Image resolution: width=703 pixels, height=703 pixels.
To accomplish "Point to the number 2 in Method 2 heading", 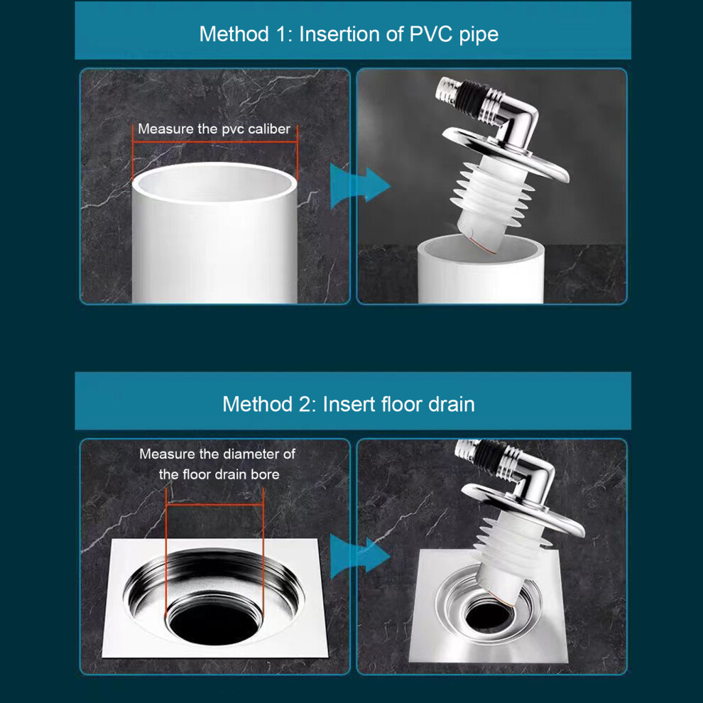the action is pyautogui.click(x=307, y=404).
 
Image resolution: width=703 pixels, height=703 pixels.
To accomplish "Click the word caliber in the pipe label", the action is pyautogui.click(x=269, y=129).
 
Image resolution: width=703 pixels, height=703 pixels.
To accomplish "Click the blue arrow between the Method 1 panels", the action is pyautogui.click(x=359, y=185).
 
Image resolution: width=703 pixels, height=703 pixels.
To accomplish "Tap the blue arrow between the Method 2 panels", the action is pyautogui.click(x=359, y=556).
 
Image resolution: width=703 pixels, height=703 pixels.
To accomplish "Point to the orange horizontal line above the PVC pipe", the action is pyautogui.click(x=214, y=142).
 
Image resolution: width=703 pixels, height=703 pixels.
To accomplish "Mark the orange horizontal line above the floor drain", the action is pyautogui.click(x=214, y=505).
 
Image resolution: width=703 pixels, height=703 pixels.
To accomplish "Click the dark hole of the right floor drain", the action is pyautogui.click(x=489, y=614).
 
